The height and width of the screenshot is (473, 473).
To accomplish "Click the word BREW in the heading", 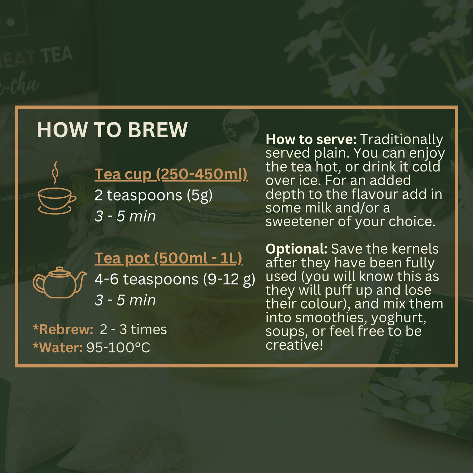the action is (157, 130).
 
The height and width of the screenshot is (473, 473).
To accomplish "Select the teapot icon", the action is (60, 282).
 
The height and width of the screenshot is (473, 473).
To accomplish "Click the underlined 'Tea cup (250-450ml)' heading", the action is (171, 174).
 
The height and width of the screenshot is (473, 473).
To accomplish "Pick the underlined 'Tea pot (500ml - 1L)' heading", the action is (168, 259).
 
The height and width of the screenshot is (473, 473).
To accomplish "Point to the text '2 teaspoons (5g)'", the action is (154, 196).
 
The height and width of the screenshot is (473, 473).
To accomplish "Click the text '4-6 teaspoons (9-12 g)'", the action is (175, 280).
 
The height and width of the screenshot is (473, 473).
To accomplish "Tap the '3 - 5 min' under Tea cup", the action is (125, 216).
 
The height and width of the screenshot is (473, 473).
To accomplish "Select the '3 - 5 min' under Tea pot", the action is (125, 300).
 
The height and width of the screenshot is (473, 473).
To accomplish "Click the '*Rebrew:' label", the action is (63, 329).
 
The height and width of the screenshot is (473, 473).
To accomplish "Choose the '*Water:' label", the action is (58, 348).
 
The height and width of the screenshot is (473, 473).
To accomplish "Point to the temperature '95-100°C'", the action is (118, 348).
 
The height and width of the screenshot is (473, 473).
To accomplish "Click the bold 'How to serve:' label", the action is (311, 139).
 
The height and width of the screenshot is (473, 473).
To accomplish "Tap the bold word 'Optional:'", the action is (297, 249).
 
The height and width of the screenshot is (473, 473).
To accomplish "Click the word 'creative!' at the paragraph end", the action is (294, 345).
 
